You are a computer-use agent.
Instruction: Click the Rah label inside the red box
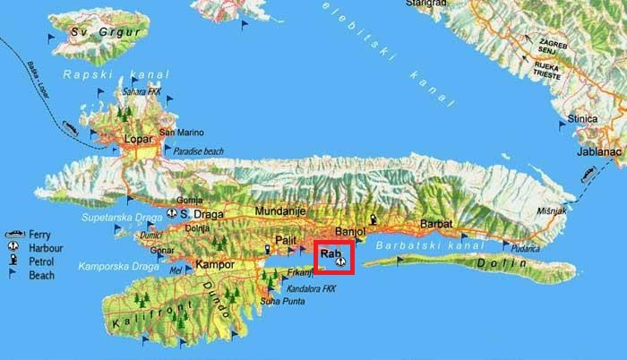click(331, 253)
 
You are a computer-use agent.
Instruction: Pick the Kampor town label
click(214, 265)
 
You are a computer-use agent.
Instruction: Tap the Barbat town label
click(437, 223)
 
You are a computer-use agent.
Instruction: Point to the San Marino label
click(181, 133)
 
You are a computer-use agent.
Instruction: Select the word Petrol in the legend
click(39, 261)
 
